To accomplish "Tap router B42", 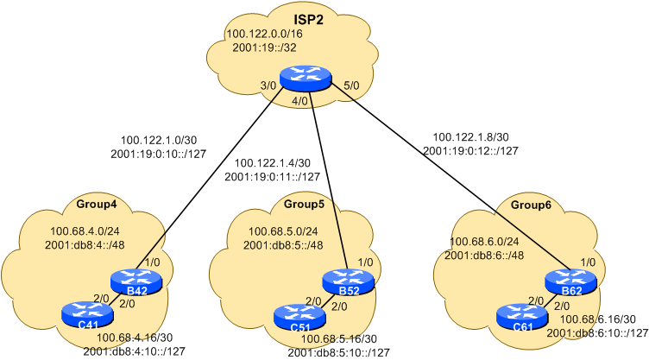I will [135, 281].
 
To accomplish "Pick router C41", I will [87, 314].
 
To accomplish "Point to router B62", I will [570, 281].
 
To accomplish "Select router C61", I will [521, 316].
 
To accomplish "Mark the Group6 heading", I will [530, 205].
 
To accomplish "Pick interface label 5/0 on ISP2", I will [352, 86].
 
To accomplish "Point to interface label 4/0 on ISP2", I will [300, 102].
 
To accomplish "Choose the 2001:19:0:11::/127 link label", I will [272, 177].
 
